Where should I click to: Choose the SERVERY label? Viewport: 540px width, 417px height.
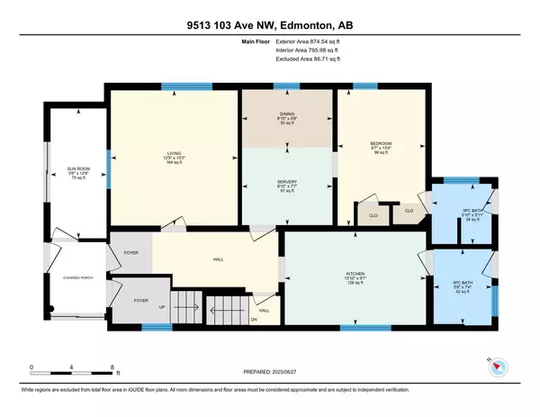(285, 183)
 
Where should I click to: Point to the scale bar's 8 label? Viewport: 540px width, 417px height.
(112, 367)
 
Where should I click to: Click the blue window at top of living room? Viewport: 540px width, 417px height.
(175, 86)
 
